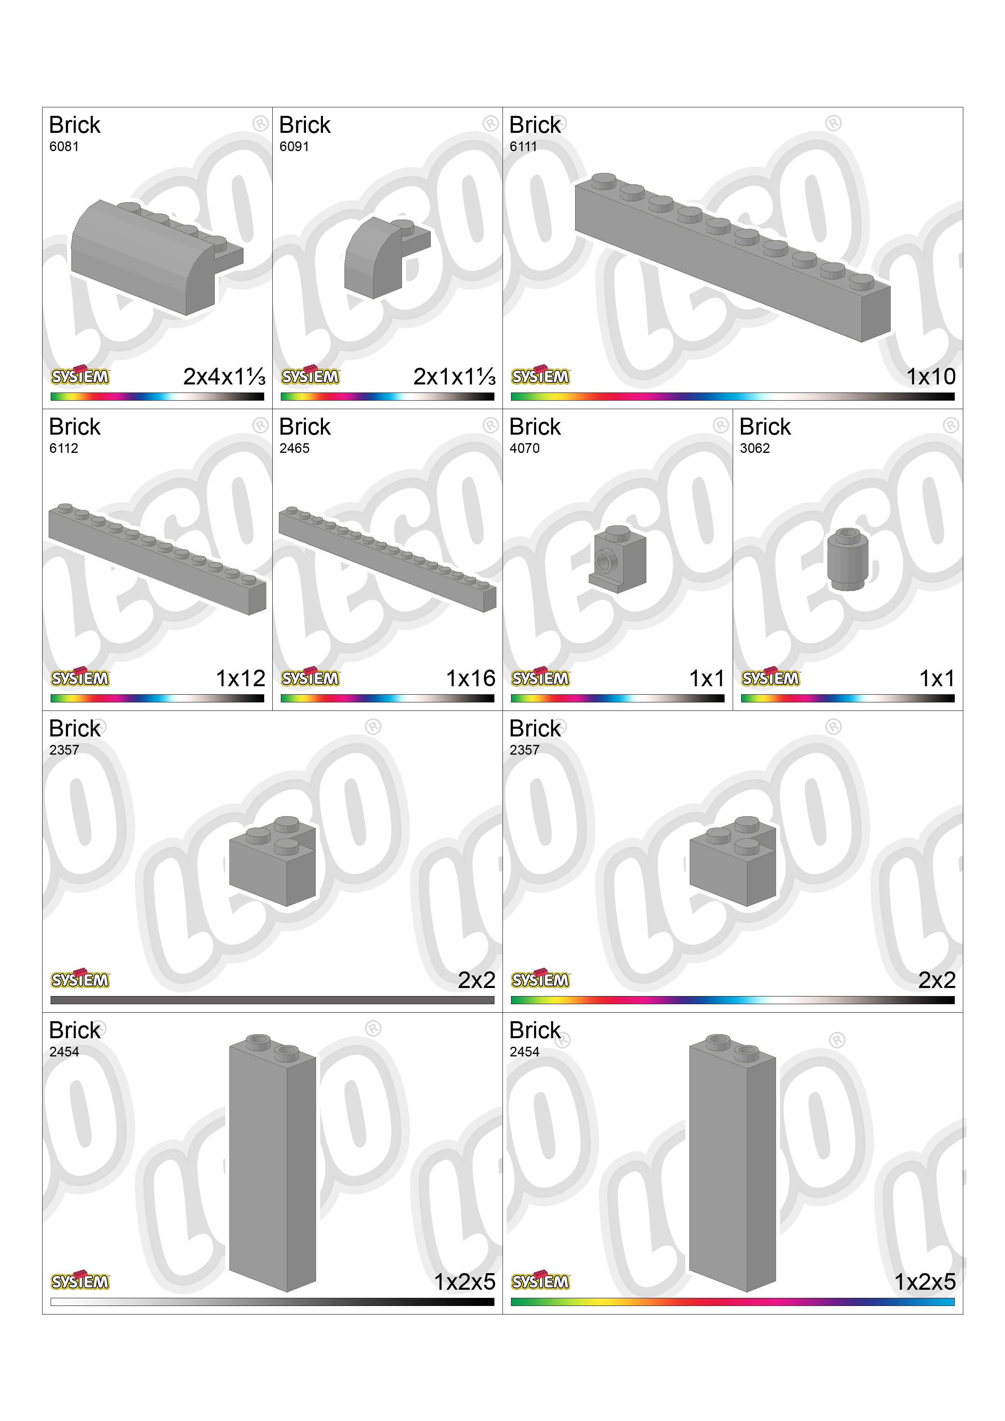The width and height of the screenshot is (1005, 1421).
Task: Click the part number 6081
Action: click(64, 147)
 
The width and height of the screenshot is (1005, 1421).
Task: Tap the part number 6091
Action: click(294, 147)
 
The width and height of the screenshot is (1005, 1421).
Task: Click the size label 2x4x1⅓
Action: click(224, 376)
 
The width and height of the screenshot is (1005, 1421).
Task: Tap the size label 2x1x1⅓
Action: click(455, 376)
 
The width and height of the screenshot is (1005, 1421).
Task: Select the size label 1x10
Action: click(931, 376)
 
